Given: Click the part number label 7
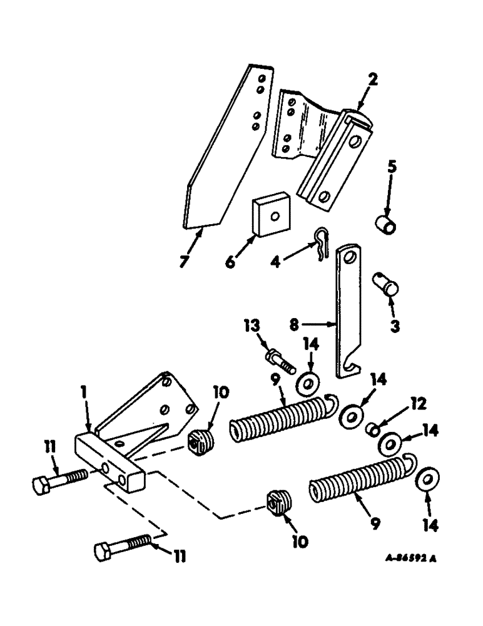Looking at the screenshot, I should [x=183, y=262].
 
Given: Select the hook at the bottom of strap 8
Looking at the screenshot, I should [x=350, y=371].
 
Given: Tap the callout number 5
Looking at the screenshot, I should [x=391, y=168].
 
